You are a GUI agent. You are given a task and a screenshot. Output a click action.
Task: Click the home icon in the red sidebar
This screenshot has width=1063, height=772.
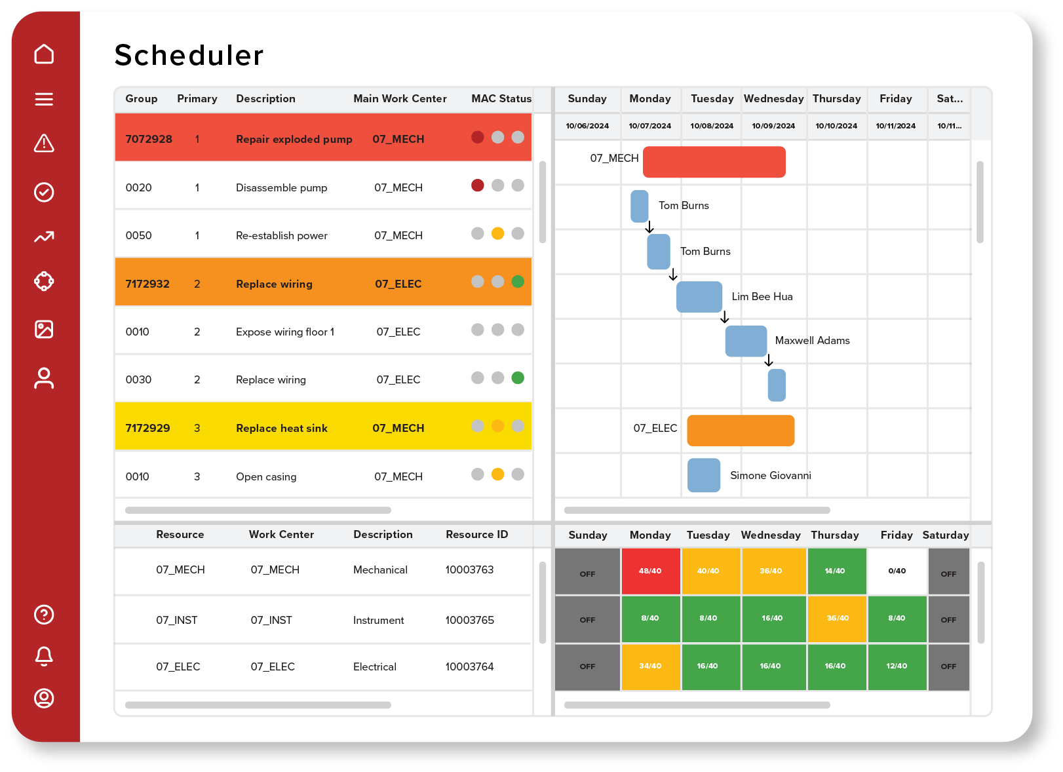[x=44, y=54]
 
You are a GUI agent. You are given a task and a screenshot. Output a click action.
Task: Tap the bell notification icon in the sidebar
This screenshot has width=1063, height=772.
[x=44, y=655]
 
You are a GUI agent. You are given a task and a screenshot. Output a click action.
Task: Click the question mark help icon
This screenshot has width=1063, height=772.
[x=44, y=614]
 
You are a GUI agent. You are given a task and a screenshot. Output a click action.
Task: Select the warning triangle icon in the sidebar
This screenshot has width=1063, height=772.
[x=44, y=143]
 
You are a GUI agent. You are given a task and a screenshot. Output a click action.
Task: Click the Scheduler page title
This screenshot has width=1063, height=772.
[x=189, y=55]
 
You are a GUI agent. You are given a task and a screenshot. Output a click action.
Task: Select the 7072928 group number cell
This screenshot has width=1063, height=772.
[x=149, y=139]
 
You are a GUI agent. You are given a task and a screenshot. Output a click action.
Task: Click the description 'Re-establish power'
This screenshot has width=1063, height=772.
[x=282, y=235]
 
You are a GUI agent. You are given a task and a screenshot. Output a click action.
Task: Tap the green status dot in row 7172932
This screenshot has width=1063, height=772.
[x=518, y=282]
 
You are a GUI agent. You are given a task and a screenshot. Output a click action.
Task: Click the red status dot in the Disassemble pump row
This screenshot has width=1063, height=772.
[x=478, y=185]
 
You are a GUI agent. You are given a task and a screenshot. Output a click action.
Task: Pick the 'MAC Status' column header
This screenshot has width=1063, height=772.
[x=501, y=98]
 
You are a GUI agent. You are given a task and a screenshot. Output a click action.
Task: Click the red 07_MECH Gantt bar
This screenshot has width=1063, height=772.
[x=714, y=162]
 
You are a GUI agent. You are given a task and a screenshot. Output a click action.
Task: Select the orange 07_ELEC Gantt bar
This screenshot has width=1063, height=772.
[x=741, y=430]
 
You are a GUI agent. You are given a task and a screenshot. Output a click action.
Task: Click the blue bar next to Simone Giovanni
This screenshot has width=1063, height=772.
[x=704, y=475]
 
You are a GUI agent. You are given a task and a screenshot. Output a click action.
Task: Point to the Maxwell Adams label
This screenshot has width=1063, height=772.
[x=812, y=340]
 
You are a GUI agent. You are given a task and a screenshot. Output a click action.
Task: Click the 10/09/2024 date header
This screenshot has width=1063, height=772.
[x=773, y=126]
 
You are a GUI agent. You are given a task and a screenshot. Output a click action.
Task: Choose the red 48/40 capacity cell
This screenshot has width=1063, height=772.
[x=650, y=571]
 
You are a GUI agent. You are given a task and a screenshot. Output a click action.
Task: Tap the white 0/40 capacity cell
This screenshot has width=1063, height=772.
[x=897, y=571]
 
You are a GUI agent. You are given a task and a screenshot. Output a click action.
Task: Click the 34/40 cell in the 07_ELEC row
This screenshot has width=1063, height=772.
[x=650, y=666]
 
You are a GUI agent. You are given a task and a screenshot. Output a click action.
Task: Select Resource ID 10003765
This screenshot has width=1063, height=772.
[x=469, y=620]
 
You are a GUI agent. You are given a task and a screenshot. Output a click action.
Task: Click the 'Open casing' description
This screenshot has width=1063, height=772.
[x=266, y=476]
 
